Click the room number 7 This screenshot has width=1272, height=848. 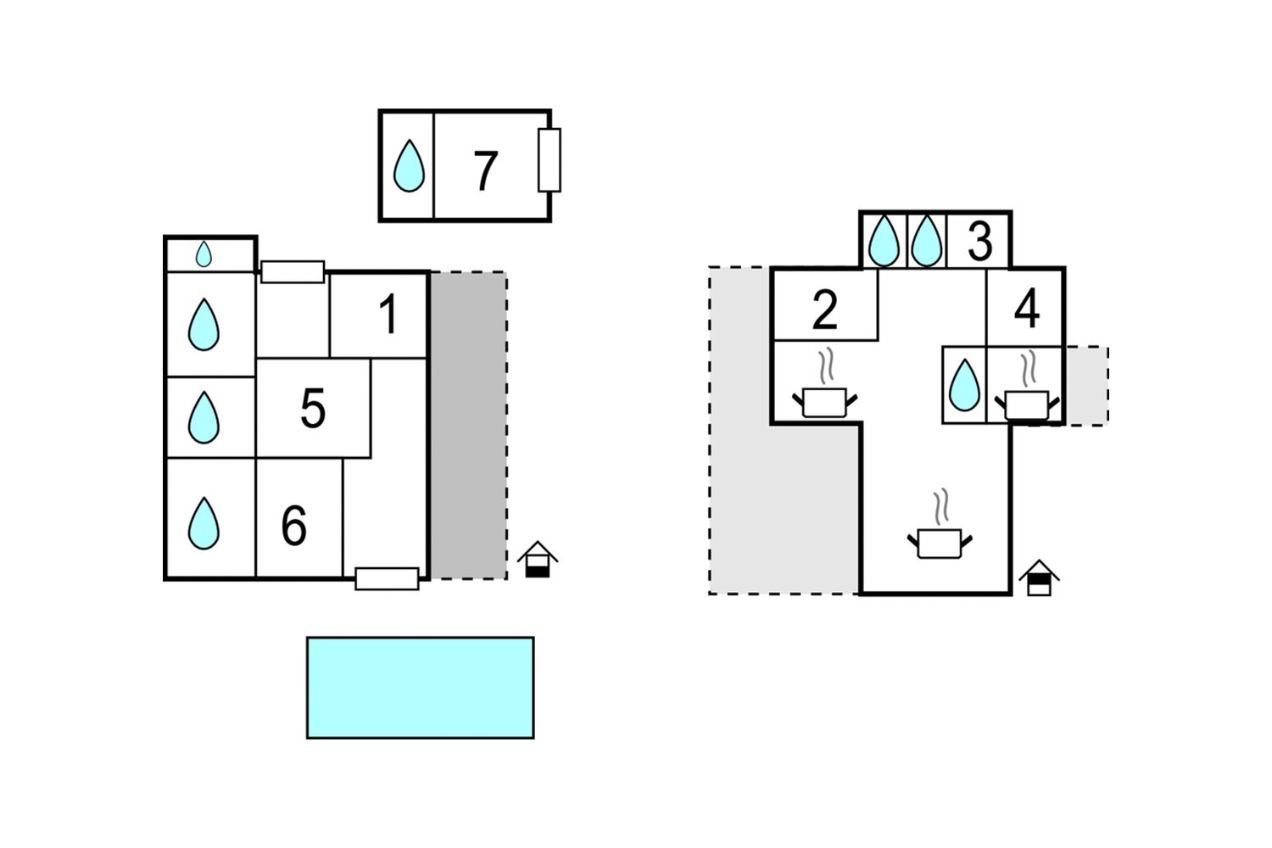click(486, 170)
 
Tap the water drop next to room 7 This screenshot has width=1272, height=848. click(409, 166)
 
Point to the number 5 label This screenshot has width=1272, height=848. click(313, 408)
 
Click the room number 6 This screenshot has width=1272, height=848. click(294, 526)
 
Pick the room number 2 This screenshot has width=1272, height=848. click(824, 310)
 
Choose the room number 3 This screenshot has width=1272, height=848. click(979, 242)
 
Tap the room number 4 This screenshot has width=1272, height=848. click(1027, 309)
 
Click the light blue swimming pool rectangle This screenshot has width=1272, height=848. click(421, 688)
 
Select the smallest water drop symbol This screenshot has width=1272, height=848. click(204, 254)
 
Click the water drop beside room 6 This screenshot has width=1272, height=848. click(204, 523)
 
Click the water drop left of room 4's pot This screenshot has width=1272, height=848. click(965, 385)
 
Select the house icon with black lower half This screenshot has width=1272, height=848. click(537, 560)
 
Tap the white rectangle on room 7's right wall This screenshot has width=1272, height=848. click(550, 160)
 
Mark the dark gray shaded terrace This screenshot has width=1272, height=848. click(468, 426)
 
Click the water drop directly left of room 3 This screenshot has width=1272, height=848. click(927, 240)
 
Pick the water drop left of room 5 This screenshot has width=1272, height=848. click(204, 417)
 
